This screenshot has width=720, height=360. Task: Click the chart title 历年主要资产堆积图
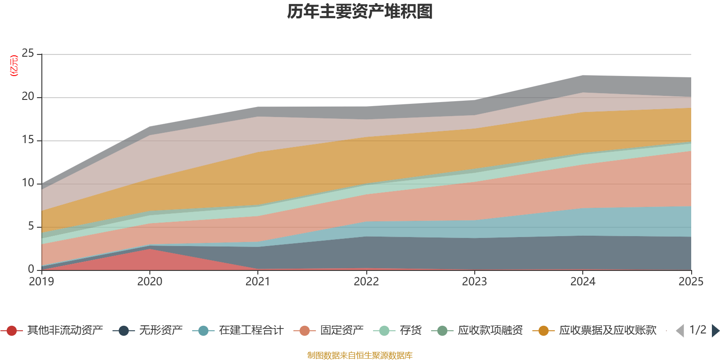[360, 12]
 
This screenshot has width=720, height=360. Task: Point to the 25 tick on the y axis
[28, 54]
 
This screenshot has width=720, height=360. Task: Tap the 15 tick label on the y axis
[28, 140]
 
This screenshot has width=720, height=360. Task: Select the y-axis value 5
[31, 226]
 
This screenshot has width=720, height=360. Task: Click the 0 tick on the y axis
[31, 269]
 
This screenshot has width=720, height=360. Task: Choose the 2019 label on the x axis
[41, 282]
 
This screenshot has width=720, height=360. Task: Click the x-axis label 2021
[258, 282]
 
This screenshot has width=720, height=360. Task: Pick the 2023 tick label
[474, 282]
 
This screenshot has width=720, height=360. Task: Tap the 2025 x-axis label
[691, 282]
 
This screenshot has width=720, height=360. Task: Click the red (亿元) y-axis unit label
[14, 66]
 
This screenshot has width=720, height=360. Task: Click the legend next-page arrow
[715, 331]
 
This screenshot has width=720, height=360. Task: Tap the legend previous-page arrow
[680, 331]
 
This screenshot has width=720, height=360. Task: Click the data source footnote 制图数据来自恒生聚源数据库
[360, 355]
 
